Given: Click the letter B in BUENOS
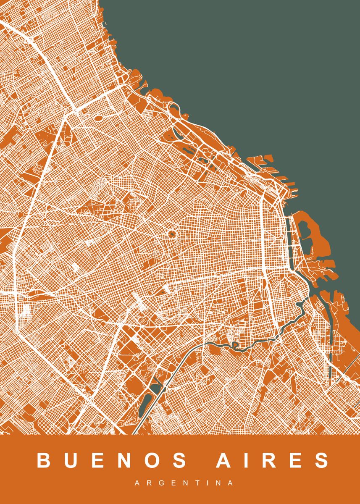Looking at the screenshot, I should point(44,460).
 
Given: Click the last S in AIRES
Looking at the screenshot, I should point(321,460).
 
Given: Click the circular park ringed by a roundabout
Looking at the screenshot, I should point(172,234).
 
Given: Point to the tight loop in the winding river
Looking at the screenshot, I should point(235,346).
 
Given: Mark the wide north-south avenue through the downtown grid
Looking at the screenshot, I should point(265,235).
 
